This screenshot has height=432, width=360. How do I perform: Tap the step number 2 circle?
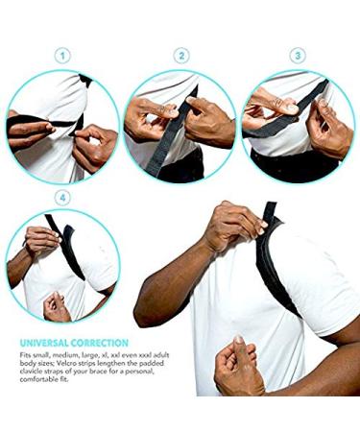click(180, 57)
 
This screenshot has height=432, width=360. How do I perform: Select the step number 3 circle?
click(298, 57)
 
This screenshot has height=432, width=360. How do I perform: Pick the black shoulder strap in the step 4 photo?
click(68, 250)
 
